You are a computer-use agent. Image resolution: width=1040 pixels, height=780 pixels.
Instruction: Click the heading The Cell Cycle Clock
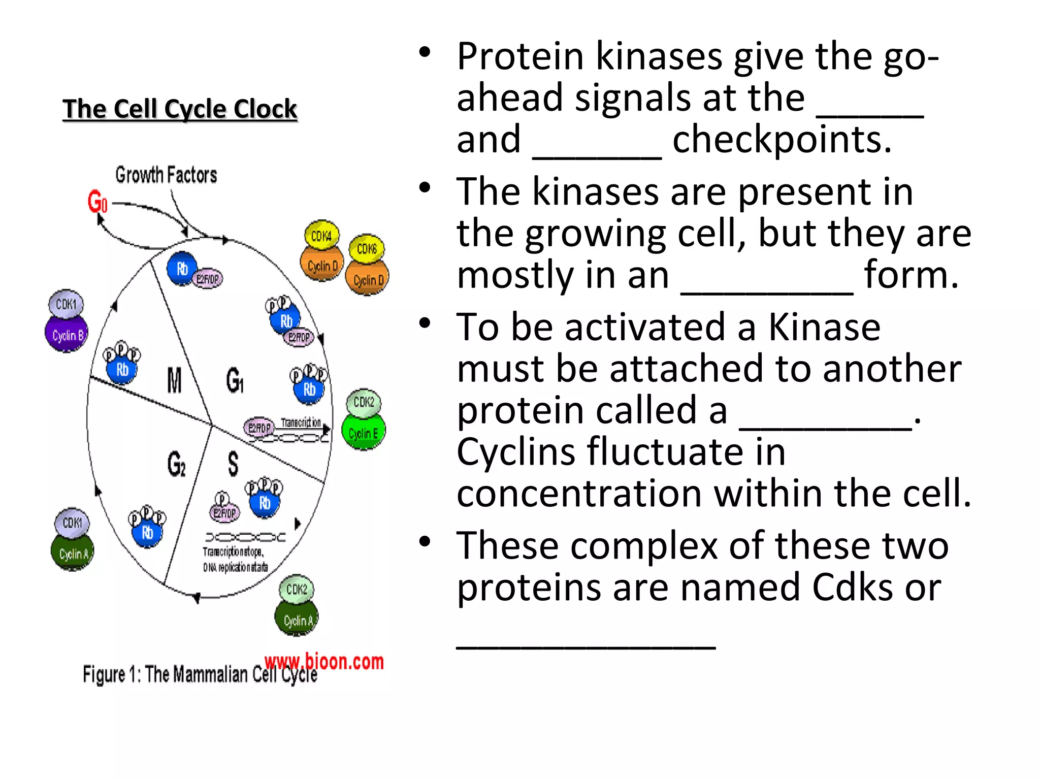179,109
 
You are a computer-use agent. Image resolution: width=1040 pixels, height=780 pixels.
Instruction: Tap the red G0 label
97,201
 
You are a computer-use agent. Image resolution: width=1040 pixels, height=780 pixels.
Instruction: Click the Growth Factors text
166,175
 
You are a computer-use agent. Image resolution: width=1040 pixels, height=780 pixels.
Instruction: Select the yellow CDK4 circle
321,236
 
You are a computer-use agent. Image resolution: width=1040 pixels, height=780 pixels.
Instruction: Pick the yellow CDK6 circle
367,249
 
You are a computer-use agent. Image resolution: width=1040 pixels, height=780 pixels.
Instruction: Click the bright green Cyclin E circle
363,433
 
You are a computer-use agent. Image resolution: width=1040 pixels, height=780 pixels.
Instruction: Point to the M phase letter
174,380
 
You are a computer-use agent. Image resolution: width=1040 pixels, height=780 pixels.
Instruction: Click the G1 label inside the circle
235,380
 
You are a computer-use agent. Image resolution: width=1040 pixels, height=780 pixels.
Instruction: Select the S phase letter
233,464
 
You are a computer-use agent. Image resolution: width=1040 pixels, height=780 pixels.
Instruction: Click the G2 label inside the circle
176,464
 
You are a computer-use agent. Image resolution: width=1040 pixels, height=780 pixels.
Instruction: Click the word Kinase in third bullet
824,328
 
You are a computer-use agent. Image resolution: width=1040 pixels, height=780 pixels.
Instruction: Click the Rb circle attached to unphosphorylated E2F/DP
182,269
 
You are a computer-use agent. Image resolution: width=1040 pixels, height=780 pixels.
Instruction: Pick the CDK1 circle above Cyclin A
72,523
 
